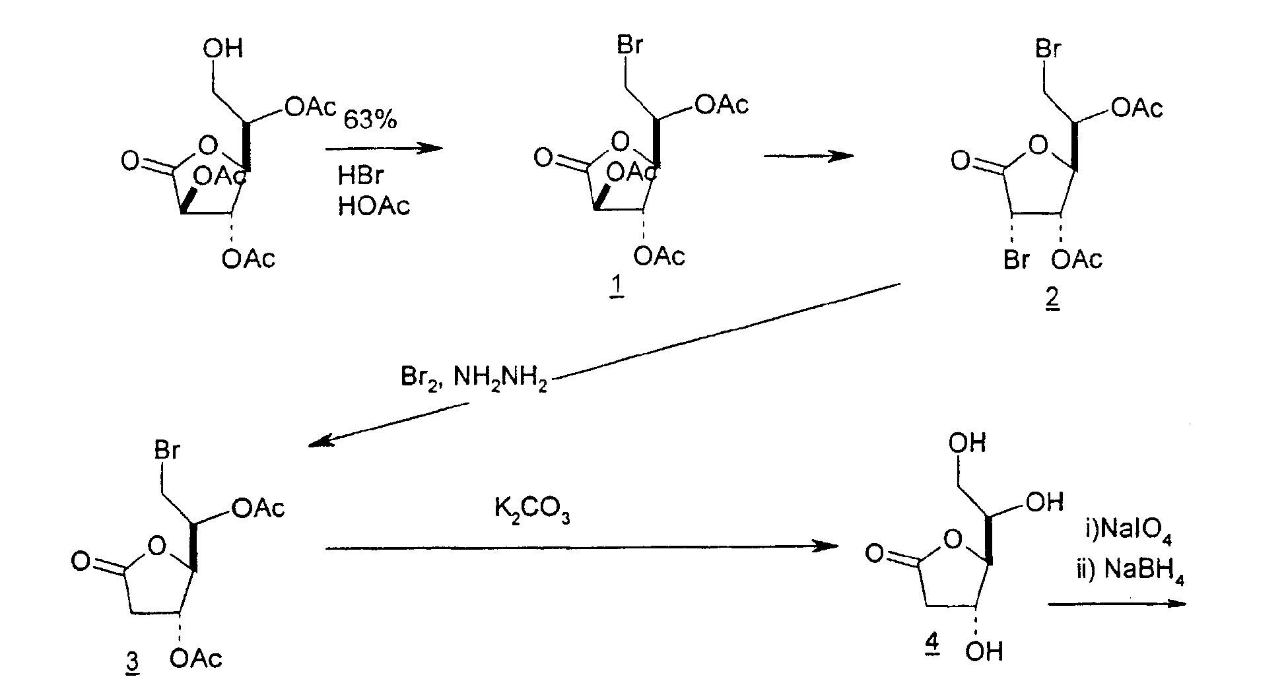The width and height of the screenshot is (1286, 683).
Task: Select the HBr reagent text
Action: pos(360,176)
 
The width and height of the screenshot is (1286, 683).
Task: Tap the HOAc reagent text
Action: pos(374,206)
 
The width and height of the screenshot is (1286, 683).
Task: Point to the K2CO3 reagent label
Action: pos(532,510)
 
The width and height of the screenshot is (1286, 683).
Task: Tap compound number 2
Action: pos(1052,298)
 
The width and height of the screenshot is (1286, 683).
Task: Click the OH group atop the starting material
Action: pos(223,48)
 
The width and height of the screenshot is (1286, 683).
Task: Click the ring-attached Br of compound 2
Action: pos(1017,260)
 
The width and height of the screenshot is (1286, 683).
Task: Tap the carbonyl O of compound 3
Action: pos(81,561)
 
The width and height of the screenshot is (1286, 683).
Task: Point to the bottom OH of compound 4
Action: pos(984,652)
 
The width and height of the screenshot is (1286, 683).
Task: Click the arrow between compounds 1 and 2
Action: pos(808,156)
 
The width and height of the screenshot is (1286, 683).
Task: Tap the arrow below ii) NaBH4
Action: pos(1117,603)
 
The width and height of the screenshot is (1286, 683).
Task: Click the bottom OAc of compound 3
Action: pos(196,659)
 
